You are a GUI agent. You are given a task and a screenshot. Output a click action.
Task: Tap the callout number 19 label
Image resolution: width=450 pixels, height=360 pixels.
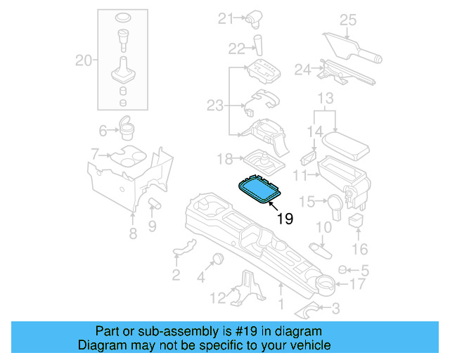285,219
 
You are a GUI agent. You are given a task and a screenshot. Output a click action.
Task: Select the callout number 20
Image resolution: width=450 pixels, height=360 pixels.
84,61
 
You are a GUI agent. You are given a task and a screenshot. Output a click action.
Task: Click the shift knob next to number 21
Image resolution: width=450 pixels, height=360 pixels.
255,18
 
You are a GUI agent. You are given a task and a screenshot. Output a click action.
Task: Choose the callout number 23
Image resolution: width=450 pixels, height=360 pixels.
214,105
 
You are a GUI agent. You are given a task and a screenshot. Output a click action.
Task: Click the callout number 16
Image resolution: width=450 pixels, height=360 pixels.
359,249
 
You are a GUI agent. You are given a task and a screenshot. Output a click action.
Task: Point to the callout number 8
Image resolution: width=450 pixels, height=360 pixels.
133,234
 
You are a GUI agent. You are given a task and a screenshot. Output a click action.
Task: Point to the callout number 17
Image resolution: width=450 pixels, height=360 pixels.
357,284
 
